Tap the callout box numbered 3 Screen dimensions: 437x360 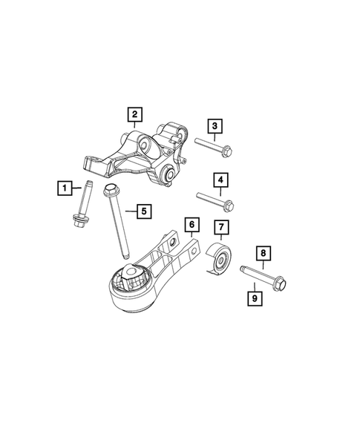point(215,126)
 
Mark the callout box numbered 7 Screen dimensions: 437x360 point(220,226)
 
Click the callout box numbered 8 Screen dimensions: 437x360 point(262,253)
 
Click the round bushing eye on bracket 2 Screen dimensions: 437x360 point(168,175)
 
